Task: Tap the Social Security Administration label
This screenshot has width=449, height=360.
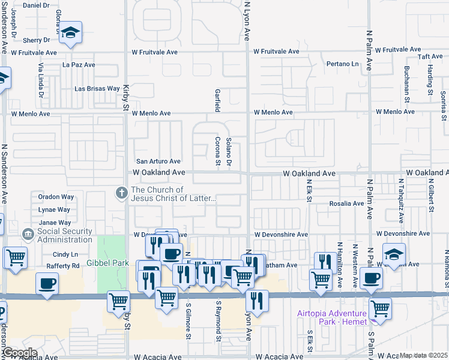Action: click(x=65, y=235)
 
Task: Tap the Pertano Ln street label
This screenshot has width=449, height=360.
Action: click(x=342, y=64)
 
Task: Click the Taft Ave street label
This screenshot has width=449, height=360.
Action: click(x=430, y=57)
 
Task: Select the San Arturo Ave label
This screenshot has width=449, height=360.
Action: click(x=158, y=161)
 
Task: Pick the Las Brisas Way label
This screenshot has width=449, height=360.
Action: click(x=97, y=89)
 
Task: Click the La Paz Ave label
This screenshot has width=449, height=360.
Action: click(x=79, y=65)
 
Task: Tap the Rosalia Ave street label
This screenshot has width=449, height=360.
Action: click(x=346, y=203)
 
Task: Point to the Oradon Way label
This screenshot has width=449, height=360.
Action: click(x=56, y=197)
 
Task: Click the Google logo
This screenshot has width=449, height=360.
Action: click(x=19, y=353)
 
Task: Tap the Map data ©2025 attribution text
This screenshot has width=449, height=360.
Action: click(x=424, y=355)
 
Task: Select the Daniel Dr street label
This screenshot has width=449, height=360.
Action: click(x=37, y=5)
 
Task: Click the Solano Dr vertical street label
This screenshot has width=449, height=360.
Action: click(x=229, y=152)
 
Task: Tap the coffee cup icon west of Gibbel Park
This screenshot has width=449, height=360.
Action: click(x=47, y=283)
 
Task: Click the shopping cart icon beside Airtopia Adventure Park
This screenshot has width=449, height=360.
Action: click(x=380, y=309)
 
